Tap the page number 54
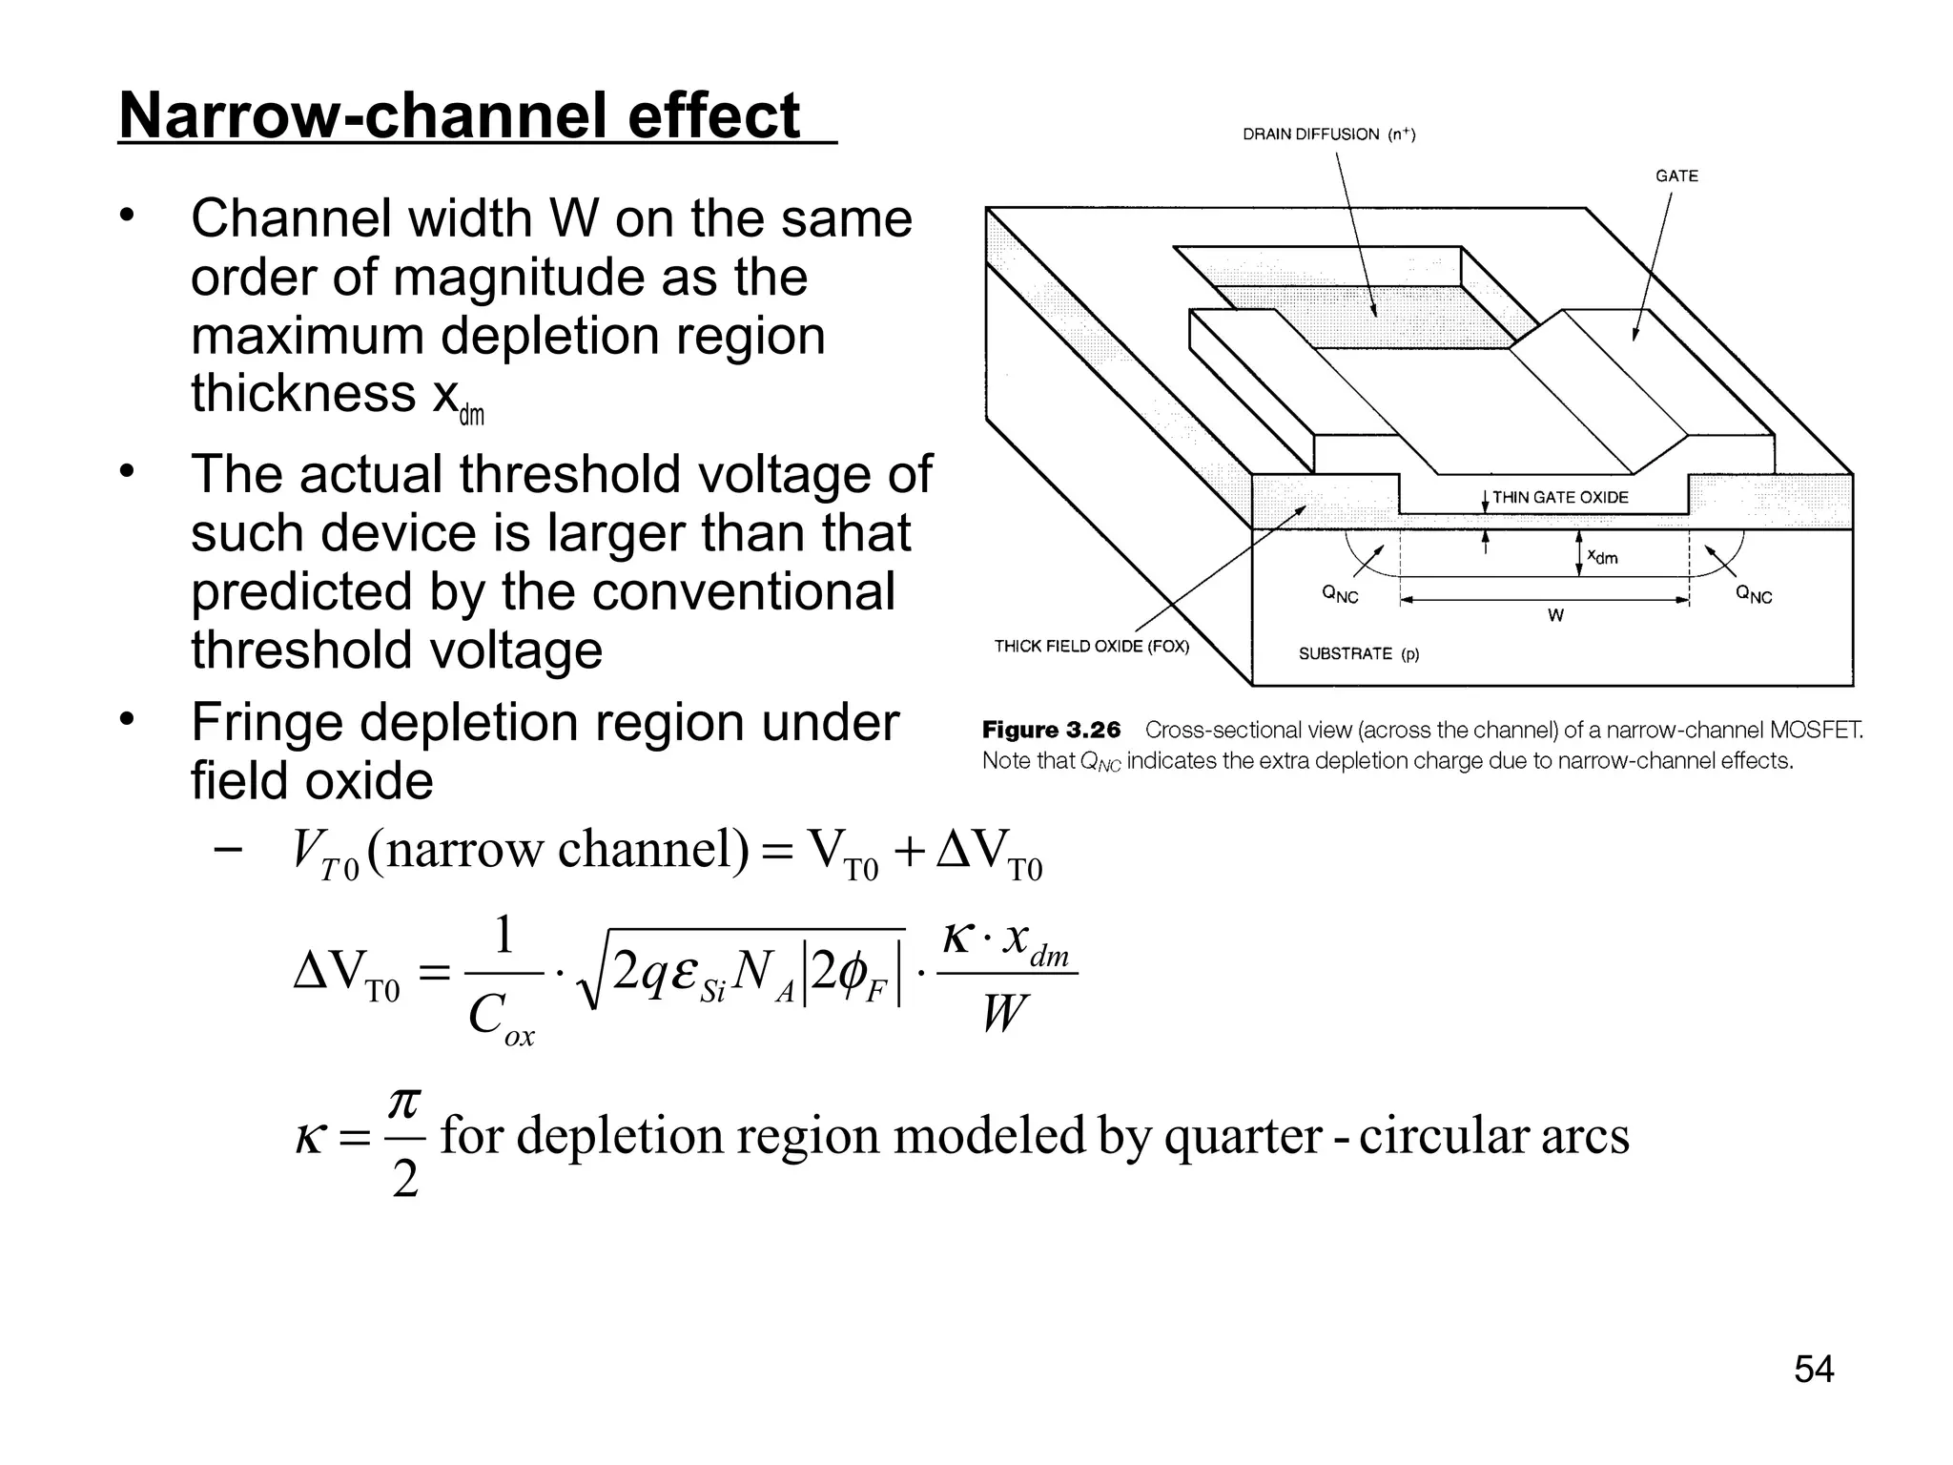(x=1814, y=1369)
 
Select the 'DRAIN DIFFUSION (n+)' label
(x=1328, y=134)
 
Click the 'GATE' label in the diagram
(x=1676, y=175)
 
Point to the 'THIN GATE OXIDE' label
(x=1560, y=497)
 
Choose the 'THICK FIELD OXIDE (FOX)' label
(x=1092, y=646)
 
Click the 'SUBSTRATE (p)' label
(x=1359, y=653)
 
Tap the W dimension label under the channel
(x=1555, y=616)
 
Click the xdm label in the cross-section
(x=1602, y=556)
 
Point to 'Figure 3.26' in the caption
(x=1051, y=731)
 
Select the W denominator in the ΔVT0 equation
(x=1005, y=1013)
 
